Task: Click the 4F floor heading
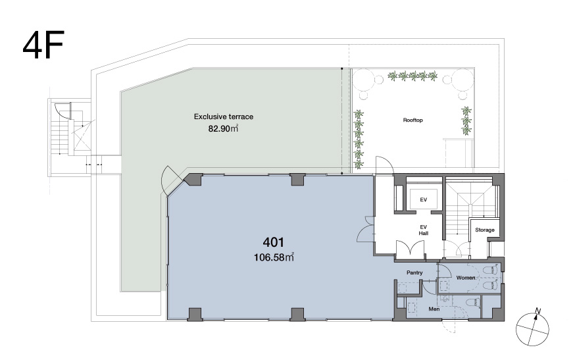(43, 45)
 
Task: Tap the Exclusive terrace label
(223, 116)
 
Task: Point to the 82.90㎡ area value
(223, 129)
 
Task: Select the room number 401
(274, 242)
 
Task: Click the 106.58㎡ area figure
(274, 257)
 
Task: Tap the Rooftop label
(413, 120)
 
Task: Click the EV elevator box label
(424, 199)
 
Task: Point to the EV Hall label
(424, 230)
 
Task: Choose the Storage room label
(485, 230)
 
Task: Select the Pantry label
(414, 272)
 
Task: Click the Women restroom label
(466, 278)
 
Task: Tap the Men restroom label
(434, 309)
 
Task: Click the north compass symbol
(533, 328)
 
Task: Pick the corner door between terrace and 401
(172, 182)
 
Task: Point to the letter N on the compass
(538, 311)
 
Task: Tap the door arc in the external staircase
(61, 111)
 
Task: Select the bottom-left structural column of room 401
(195, 314)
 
